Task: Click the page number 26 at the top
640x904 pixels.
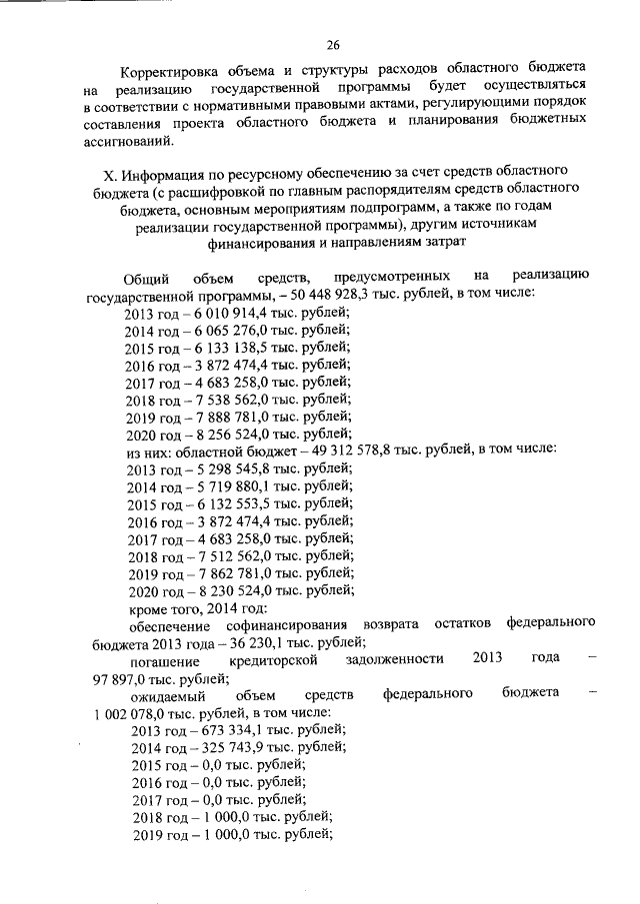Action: (x=333, y=44)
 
